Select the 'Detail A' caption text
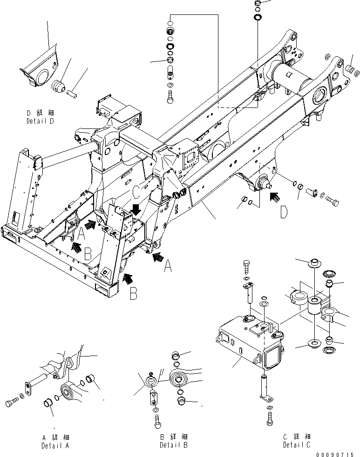(x=55, y=445)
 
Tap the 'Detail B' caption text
(x=173, y=445)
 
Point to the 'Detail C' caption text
(x=297, y=445)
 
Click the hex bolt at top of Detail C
(x=247, y=268)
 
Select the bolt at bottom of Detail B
(x=156, y=421)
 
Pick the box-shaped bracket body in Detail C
(x=242, y=344)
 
